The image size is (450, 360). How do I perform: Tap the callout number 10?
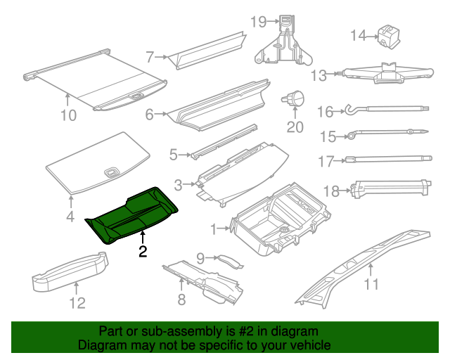tap(67, 115)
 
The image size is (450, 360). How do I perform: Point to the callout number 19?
tap(258, 22)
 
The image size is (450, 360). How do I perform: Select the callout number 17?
tap(325, 161)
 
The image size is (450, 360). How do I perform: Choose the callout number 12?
tap(77, 303)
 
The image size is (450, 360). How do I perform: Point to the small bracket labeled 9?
tap(227, 261)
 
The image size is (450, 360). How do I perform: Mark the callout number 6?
tap(149, 114)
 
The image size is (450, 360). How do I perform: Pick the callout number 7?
tap(150, 57)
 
